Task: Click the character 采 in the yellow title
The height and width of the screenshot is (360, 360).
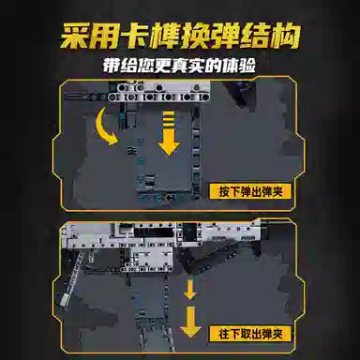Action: pyautogui.click(x=74, y=37)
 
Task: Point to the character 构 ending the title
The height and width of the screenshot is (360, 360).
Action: pyautogui.click(x=286, y=36)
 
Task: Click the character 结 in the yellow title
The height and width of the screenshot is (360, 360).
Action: pyautogui.click(x=256, y=37)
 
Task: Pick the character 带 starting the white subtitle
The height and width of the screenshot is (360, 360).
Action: pyautogui.click(x=112, y=66)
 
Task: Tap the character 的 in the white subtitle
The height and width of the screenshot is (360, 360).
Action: pyautogui.click(x=214, y=66)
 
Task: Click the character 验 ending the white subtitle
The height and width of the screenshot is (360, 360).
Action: pyautogui.click(x=247, y=66)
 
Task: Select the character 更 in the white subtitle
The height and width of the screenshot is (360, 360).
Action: pyautogui.click(x=162, y=66)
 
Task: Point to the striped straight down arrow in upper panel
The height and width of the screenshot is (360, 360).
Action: pyautogui.click(x=169, y=133)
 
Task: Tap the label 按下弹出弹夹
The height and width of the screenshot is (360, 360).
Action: pyautogui.click(x=250, y=191)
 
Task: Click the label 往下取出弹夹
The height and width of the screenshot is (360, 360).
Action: pyautogui.click(x=250, y=334)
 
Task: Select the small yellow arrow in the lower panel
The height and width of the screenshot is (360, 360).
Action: pyautogui.click(x=189, y=290)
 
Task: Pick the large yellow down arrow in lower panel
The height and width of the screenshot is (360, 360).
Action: pyautogui.click(x=190, y=322)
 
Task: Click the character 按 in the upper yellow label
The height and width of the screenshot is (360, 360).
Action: pyautogui.click(x=224, y=191)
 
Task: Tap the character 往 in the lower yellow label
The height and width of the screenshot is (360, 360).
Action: pyautogui.click(x=224, y=334)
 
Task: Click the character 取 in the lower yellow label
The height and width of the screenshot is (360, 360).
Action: pyautogui.click(x=246, y=334)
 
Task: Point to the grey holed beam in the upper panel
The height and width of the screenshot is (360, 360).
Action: pyautogui.click(x=158, y=97)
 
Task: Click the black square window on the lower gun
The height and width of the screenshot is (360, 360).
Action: pyautogui.click(x=189, y=232)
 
